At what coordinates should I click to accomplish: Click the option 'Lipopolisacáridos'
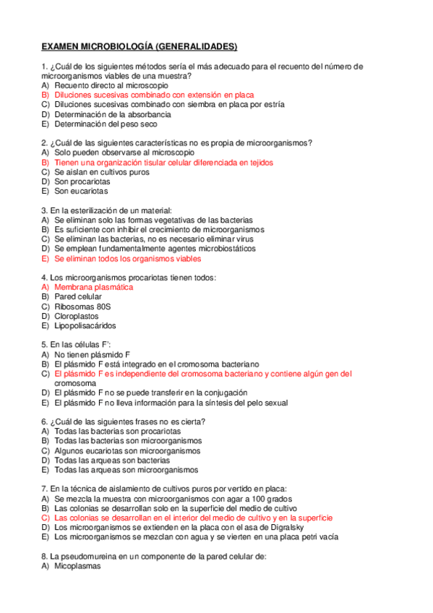point(87,325)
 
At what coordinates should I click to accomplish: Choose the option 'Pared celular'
point(78,296)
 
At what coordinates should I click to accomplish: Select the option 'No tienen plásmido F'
point(92,354)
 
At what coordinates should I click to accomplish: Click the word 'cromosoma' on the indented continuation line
point(75,383)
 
